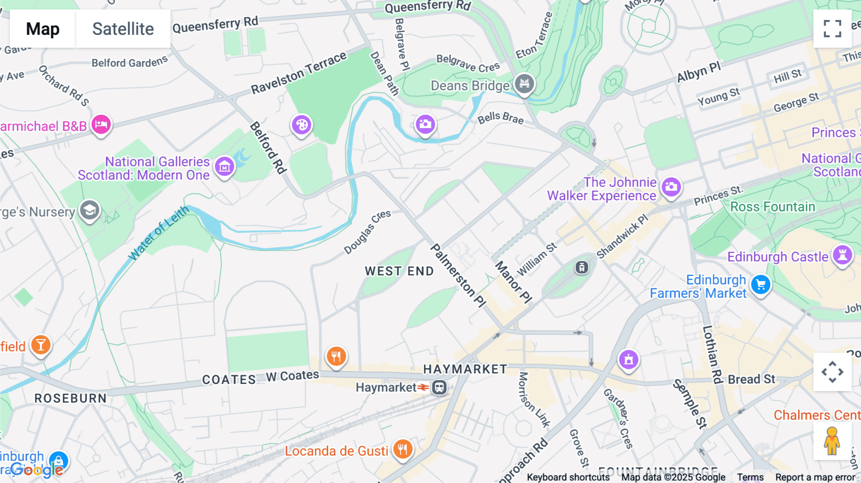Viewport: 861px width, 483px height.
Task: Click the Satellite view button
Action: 123,29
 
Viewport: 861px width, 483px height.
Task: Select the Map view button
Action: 43,29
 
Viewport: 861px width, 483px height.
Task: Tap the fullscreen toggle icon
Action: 832,29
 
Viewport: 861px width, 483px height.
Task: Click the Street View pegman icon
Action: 832,441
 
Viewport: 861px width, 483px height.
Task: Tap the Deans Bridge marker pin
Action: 524,84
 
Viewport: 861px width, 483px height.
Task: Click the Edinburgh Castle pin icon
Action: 842,255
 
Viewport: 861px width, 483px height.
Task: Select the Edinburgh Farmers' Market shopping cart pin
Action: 761,285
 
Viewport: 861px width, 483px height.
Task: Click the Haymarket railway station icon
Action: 439,387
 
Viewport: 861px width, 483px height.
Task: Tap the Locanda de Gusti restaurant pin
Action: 403,449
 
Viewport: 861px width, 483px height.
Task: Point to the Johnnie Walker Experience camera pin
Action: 671,187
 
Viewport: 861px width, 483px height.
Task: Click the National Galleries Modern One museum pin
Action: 224,166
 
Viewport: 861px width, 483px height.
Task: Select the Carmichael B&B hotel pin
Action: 101,125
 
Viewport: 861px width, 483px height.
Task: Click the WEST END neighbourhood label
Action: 399,271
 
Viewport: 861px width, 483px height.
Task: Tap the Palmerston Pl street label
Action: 458,275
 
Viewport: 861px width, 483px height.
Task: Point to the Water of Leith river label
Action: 158,233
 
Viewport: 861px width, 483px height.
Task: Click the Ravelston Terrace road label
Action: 298,73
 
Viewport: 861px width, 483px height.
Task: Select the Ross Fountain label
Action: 773,207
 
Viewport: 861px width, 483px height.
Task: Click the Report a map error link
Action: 815,477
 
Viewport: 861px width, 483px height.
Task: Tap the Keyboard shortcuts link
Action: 568,477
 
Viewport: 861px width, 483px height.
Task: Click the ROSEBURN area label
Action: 70,398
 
